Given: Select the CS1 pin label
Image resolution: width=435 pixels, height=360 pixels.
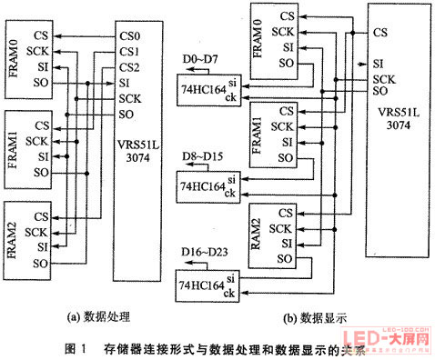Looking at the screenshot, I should (129, 53).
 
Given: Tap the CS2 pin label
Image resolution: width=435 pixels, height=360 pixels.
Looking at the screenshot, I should (129, 67).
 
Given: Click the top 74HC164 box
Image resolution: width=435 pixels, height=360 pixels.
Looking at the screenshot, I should (207, 89).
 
